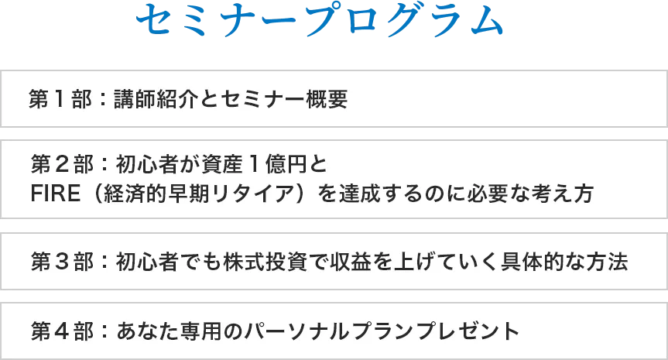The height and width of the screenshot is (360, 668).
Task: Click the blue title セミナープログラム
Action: click(320, 20)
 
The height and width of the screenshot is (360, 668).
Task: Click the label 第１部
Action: click(60, 99)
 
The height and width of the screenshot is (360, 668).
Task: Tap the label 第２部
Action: click(62, 164)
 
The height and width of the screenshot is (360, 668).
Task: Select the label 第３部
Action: click(62, 262)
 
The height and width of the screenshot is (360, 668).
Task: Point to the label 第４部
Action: click(62, 331)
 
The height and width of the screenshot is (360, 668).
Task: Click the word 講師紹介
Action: click(156, 99)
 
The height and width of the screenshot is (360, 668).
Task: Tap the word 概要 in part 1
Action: click(327, 99)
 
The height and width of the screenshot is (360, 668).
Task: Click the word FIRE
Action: click(56, 194)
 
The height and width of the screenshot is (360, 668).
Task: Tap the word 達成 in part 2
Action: click(360, 194)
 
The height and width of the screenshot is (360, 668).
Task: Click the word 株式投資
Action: click(265, 262)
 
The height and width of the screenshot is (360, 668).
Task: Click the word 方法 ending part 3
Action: click(607, 262)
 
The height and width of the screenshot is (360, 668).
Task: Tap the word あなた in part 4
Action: click(147, 331)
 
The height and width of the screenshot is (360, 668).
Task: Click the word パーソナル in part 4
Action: click(298, 331)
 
